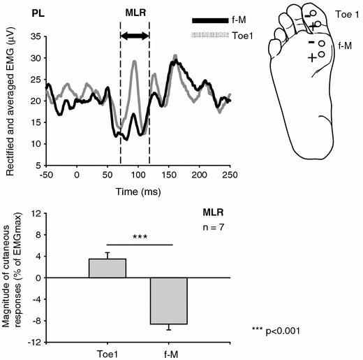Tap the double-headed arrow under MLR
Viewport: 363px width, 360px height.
[135, 34]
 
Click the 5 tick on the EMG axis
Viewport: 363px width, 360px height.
[36, 165]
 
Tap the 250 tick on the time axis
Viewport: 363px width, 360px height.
[231, 175]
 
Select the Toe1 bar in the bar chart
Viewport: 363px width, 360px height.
[108, 268]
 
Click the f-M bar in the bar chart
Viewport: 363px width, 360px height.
[168, 301]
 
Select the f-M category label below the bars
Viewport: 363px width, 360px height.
[168, 353]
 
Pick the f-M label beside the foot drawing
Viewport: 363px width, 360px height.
[344, 45]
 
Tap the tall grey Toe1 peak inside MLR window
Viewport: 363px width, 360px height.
[135, 62]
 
